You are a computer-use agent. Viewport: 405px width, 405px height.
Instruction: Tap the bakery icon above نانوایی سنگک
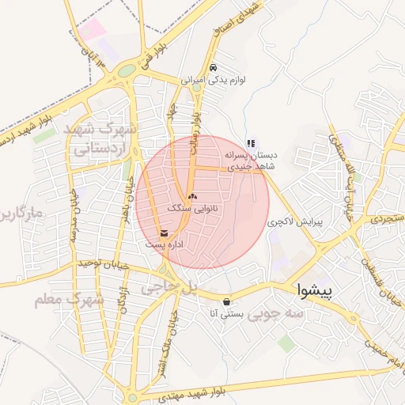[x=192, y=195]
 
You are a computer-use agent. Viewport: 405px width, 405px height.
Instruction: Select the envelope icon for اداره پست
[x=165, y=233]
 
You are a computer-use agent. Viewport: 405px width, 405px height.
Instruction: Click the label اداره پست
[x=165, y=245]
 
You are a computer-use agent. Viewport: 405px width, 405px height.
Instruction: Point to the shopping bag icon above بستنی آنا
[x=228, y=301]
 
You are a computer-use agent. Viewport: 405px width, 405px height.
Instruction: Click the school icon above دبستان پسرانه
[x=251, y=143]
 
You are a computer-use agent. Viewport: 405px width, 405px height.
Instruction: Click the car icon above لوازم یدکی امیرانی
[x=214, y=67]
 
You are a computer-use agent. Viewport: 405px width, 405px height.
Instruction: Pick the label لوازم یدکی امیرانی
[x=214, y=80]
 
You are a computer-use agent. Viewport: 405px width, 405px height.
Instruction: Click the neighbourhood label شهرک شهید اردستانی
[x=104, y=138]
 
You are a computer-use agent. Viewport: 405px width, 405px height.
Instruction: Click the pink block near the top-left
[x=93, y=30]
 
